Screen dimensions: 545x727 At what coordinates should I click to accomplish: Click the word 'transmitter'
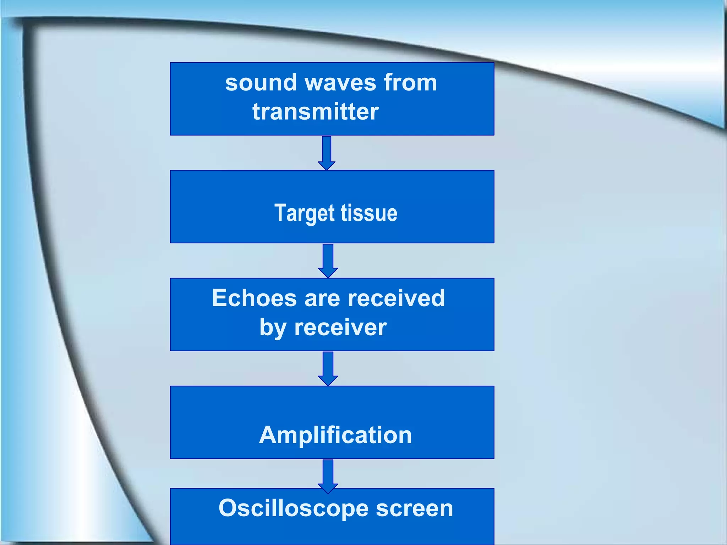316,112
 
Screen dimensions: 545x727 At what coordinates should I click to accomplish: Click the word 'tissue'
369,213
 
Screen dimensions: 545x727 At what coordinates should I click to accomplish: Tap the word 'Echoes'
254,298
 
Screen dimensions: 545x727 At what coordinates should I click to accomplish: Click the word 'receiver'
340,327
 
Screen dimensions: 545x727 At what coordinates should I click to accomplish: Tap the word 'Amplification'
335,435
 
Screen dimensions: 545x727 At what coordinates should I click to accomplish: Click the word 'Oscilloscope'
294,508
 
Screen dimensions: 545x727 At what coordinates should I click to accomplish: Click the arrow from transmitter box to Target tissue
327,153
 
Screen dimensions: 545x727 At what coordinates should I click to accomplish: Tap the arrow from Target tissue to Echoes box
328,260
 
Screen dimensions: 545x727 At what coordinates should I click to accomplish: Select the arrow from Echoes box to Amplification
328,368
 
